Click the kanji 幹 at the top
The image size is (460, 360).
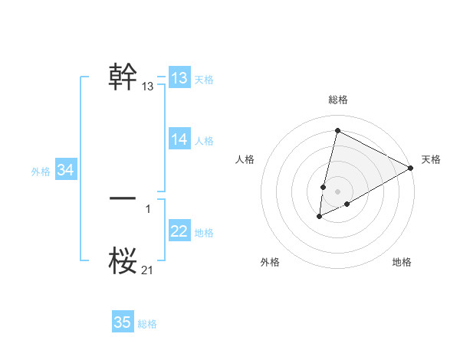coord(123,77)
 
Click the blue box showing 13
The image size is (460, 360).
coord(179,78)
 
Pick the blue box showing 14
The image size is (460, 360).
coord(179,139)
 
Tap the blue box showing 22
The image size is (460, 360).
coord(179,231)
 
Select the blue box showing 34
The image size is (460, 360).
coord(66,170)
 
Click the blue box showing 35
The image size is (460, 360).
coord(123,322)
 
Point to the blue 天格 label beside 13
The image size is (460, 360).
coord(204,79)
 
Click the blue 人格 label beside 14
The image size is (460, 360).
coord(204,140)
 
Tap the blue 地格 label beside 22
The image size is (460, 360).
coord(204,232)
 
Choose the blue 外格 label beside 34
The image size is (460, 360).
coord(41,172)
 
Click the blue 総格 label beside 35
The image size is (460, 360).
coord(147,324)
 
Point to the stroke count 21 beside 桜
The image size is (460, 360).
coord(147,270)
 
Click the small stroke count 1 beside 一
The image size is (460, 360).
coord(148,208)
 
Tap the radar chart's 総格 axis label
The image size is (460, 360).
coord(337,100)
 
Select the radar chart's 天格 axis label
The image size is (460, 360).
coord(431,159)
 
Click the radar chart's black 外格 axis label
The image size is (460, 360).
coord(270,262)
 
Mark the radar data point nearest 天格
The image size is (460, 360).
coord(411,168)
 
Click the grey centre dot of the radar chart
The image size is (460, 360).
coord(337,191)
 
